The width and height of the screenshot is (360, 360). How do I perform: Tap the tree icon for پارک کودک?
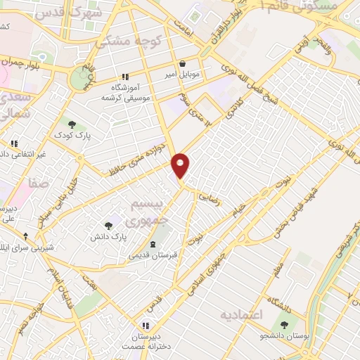coord(72,124)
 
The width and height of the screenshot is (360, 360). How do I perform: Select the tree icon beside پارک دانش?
coord(108,225)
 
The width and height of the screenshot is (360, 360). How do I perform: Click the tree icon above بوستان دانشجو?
coord(284,325)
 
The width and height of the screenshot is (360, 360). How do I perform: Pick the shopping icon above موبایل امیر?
coord(183,63)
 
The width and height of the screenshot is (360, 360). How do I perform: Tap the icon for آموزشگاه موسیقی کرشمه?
coord(125,77)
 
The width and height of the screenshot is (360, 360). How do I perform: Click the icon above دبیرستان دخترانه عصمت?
coord(145,326)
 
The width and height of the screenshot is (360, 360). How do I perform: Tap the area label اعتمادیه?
coord(240,314)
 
